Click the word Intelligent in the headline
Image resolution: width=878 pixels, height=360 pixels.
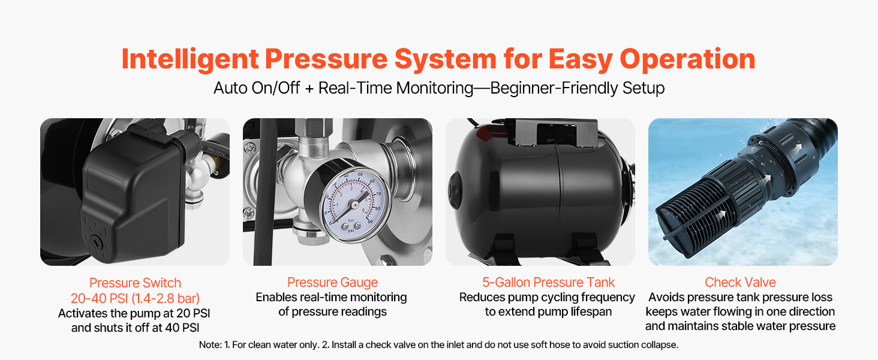190,59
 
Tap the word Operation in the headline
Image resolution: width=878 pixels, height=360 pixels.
687,59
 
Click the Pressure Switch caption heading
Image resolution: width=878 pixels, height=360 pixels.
135,283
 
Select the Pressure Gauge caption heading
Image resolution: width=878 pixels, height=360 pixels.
332,283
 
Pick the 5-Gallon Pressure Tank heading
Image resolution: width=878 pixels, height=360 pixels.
548,283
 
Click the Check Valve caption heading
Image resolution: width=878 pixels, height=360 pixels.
740,283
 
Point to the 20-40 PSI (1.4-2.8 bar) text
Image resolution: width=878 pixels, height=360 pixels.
135,298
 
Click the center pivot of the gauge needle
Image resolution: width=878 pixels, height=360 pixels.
354,205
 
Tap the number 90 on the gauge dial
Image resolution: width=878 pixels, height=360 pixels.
370,222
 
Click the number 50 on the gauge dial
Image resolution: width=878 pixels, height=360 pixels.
360,175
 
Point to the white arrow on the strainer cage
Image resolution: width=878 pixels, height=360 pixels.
720,215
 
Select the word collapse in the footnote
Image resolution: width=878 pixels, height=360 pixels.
659,345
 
